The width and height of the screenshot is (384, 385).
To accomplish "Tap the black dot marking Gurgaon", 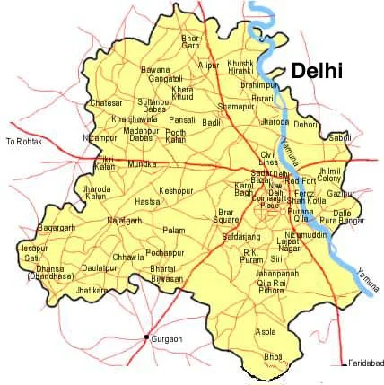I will click(146, 337).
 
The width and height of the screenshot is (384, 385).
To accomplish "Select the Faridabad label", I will click(364, 363).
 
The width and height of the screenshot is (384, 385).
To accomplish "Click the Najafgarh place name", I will click(125, 220).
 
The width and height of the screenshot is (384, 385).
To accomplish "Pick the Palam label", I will click(174, 231).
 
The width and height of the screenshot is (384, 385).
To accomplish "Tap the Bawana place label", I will click(155, 69).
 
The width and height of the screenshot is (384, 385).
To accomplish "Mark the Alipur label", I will click(208, 66).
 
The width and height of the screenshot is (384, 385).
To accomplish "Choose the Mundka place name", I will click(143, 165).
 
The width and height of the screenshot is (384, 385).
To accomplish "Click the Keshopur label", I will click(176, 191).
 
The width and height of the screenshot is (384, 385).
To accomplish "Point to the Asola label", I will click(266, 331).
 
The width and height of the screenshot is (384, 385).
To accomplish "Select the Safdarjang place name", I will click(240, 234).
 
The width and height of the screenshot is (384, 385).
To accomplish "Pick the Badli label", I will click(212, 122).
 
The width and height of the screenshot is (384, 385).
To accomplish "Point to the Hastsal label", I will click(148, 203).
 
